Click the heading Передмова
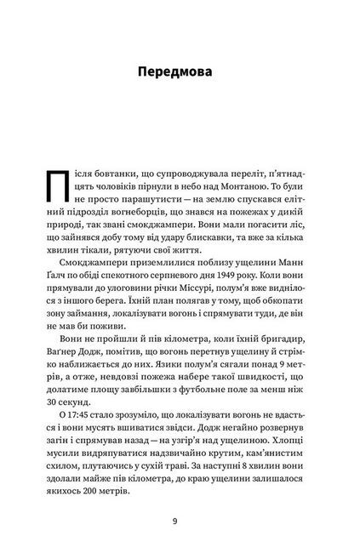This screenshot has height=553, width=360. (x=180, y=71)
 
